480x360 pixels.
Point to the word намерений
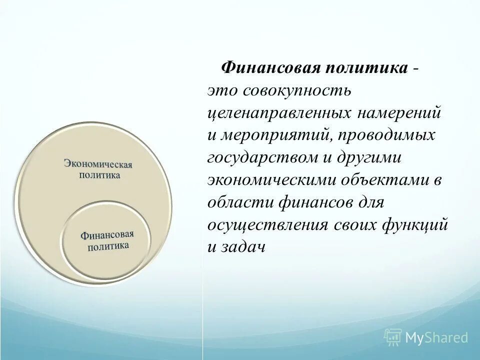(x=398, y=113)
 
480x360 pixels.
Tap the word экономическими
(x=273, y=180)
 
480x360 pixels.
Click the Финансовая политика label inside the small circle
(x=108, y=240)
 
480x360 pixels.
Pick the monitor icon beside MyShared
(x=393, y=337)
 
